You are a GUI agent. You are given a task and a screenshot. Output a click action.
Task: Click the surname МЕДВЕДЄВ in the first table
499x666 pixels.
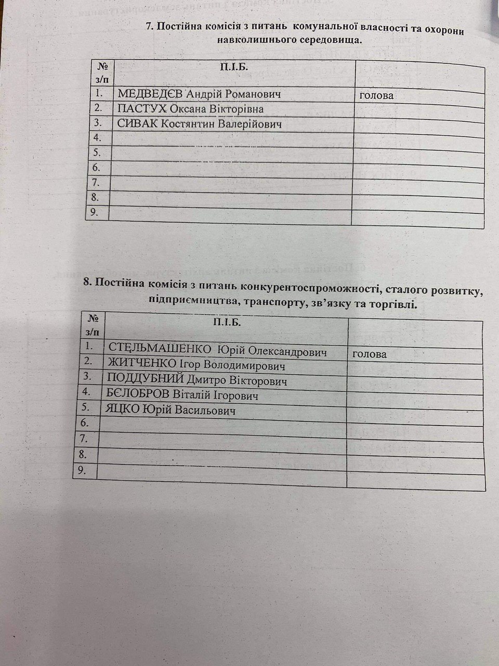coord(151,94)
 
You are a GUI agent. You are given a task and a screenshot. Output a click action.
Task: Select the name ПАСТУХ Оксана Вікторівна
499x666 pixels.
coord(191,109)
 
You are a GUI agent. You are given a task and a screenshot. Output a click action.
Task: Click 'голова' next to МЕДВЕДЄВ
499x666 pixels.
coord(376,95)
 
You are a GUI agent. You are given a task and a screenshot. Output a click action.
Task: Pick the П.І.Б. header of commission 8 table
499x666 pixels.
coord(226,323)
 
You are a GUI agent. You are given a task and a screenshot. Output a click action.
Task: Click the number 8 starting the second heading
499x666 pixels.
coord(86,283)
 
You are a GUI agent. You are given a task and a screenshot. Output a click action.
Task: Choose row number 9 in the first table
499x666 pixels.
coord(96,212)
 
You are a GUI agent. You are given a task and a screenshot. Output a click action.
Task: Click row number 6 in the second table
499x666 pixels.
coord(85,424)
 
